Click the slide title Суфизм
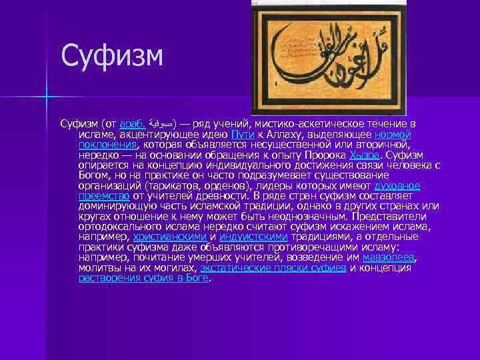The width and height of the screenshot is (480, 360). (x=111, y=55)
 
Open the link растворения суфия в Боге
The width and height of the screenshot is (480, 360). (x=143, y=278)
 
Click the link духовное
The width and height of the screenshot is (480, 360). (x=397, y=185)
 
